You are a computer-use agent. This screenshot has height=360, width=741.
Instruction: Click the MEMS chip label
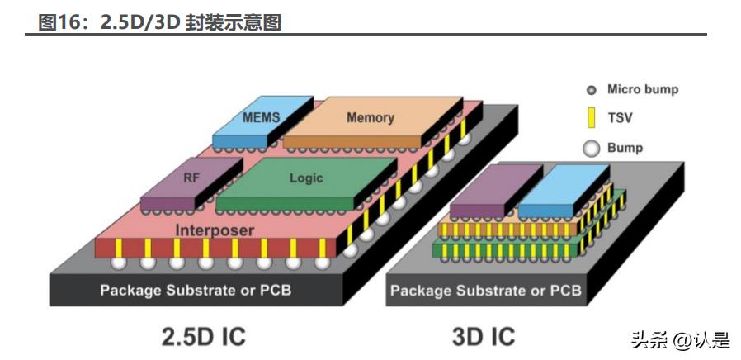pos(261,117)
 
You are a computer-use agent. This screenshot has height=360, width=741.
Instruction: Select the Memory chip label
pos(370,117)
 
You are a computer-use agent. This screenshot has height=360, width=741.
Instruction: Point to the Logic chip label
pos(306,178)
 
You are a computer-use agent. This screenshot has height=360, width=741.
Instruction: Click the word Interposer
pos(214,230)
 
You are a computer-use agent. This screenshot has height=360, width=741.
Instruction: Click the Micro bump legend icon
pos(591,90)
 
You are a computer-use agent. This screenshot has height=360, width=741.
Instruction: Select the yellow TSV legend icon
pos(591,118)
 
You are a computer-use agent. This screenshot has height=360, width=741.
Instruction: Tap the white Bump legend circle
pos(591,149)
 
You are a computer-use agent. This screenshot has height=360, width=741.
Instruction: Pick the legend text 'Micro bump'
pos(643,89)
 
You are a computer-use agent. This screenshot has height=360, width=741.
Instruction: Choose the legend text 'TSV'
pos(620,118)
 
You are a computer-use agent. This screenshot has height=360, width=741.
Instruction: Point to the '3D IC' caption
pos(484,336)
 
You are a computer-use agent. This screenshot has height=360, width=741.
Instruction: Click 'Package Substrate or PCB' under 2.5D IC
pos(196,291)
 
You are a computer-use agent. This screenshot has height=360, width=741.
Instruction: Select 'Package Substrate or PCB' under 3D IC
pos(485,291)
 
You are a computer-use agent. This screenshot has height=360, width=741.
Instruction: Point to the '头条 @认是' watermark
pos(681,339)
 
